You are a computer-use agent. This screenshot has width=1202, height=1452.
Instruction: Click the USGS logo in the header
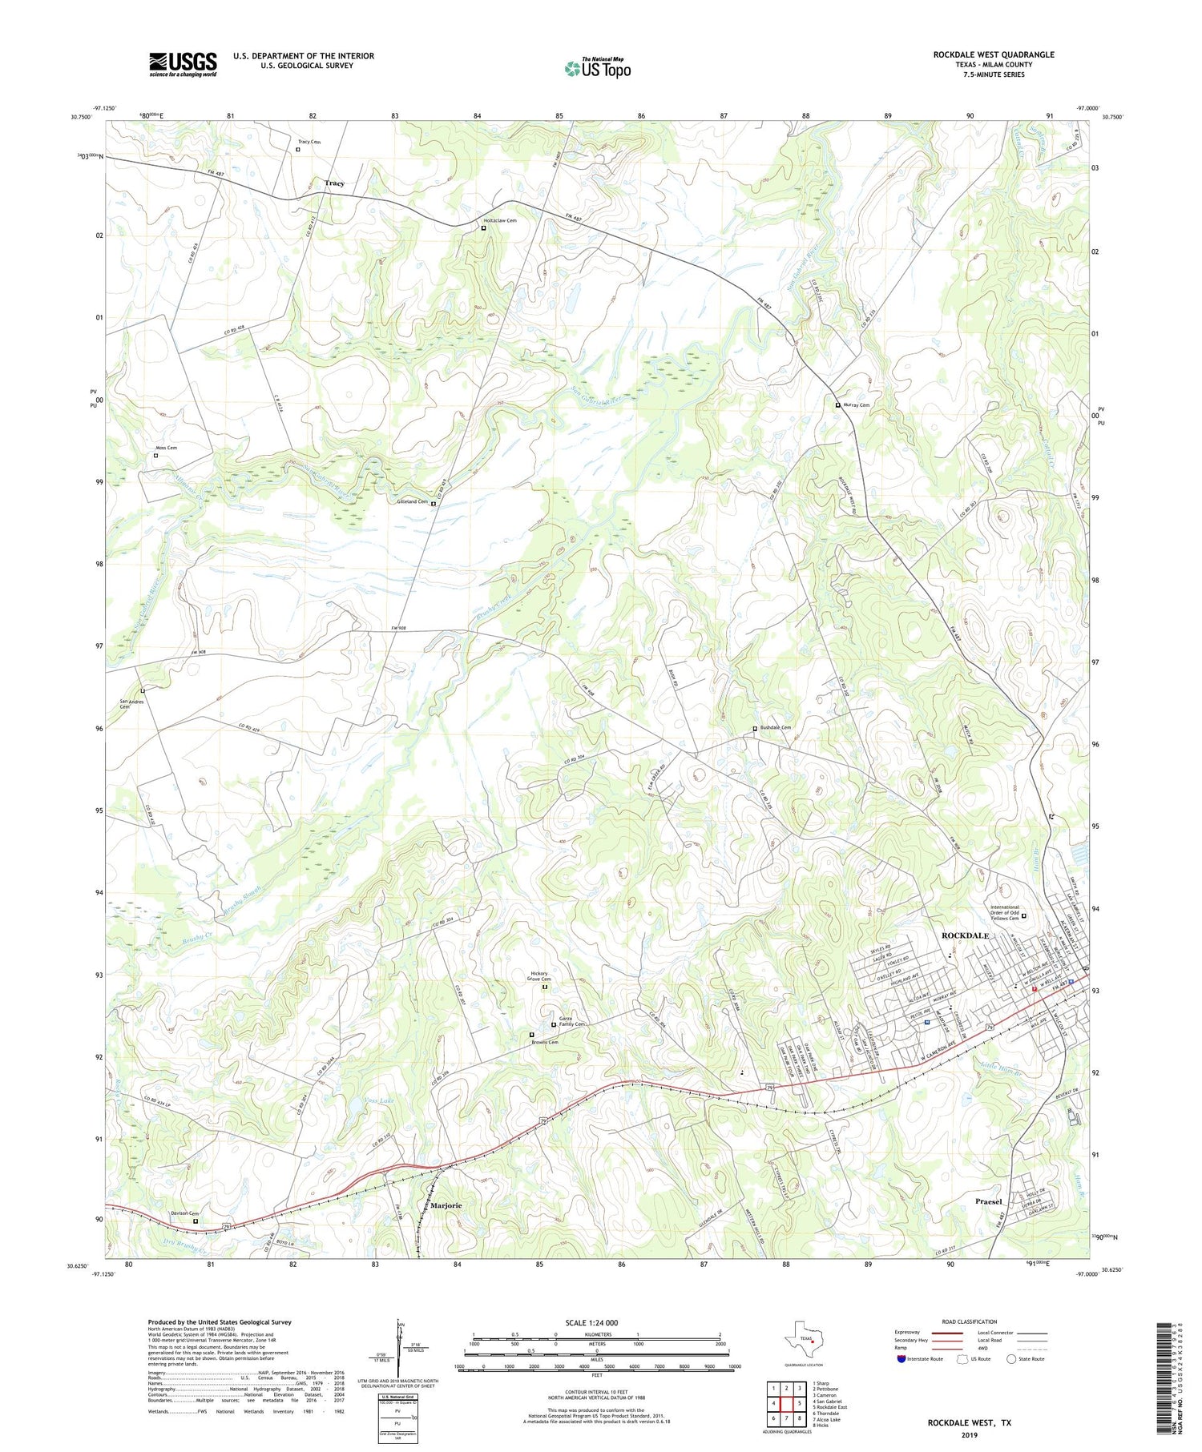(183, 64)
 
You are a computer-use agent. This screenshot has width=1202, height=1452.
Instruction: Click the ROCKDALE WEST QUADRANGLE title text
(993, 54)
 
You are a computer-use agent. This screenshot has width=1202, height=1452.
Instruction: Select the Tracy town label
(335, 183)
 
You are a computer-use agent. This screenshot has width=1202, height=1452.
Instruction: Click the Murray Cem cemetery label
(857, 405)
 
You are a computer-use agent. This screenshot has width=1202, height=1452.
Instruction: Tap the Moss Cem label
(167, 448)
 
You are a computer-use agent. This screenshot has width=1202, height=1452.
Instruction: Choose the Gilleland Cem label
(413, 502)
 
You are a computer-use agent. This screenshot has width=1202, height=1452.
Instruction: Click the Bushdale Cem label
(776, 727)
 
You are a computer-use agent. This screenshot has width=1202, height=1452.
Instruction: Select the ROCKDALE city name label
(965, 935)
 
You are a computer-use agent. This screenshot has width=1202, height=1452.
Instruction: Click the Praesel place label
(989, 1201)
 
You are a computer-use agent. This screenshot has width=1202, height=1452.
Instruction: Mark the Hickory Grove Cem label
(539, 976)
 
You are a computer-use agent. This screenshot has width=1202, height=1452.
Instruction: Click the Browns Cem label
(544, 1042)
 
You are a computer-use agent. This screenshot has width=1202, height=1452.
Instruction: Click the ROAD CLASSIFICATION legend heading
(970, 1321)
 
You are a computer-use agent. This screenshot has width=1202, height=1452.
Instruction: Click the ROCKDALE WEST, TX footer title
(969, 1422)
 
